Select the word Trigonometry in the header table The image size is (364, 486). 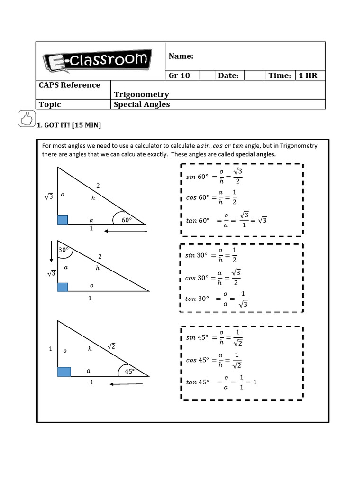click(x=141, y=94)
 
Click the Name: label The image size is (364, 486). click(x=181, y=56)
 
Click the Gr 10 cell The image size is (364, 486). click(x=179, y=75)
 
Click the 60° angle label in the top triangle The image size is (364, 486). click(x=127, y=220)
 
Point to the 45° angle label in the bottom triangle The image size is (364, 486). click(x=130, y=371)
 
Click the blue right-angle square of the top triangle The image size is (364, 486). click(x=63, y=220)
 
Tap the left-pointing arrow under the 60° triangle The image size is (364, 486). click(x=126, y=231)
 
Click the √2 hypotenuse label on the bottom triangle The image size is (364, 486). click(x=112, y=346)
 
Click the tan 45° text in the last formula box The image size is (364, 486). click(x=198, y=382)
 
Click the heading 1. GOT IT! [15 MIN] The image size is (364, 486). click(x=69, y=125)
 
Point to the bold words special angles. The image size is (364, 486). click(x=255, y=154)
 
